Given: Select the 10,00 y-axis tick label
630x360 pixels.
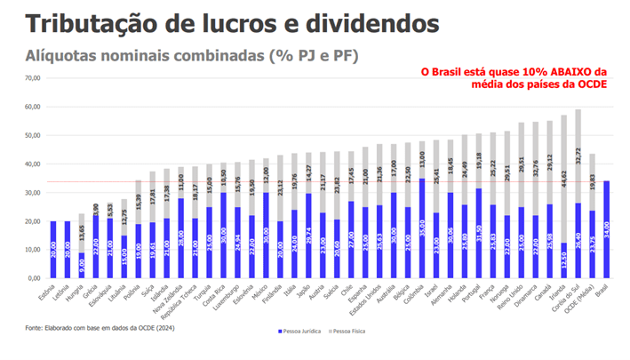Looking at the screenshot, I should pos(33,249).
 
